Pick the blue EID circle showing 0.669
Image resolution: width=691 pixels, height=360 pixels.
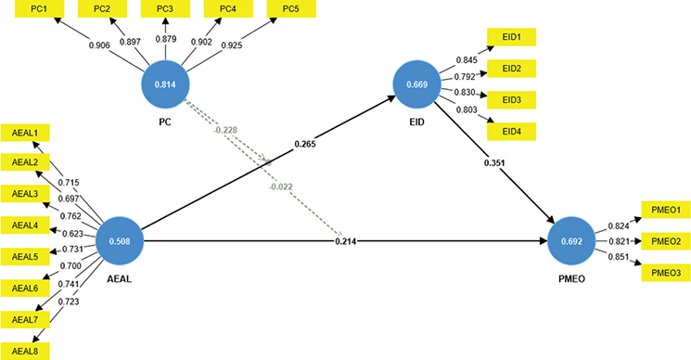(x=417, y=85)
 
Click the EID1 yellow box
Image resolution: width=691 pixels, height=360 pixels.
(x=511, y=38)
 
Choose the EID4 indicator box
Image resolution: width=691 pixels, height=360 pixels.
(x=511, y=132)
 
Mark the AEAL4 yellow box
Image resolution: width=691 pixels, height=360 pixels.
(x=25, y=225)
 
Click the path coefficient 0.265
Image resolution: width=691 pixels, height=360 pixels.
(x=305, y=145)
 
